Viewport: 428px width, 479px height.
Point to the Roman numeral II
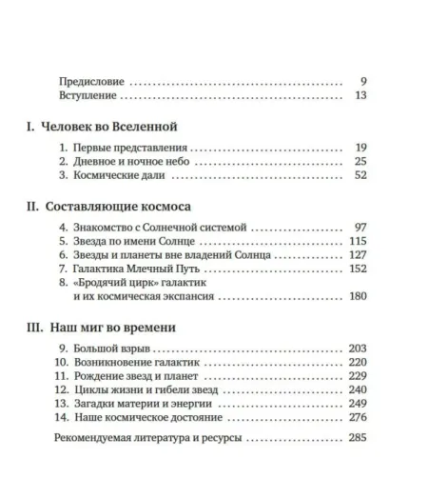(31, 207)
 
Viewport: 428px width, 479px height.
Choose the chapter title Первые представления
(127, 148)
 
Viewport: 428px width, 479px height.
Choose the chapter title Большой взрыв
(109, 349)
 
